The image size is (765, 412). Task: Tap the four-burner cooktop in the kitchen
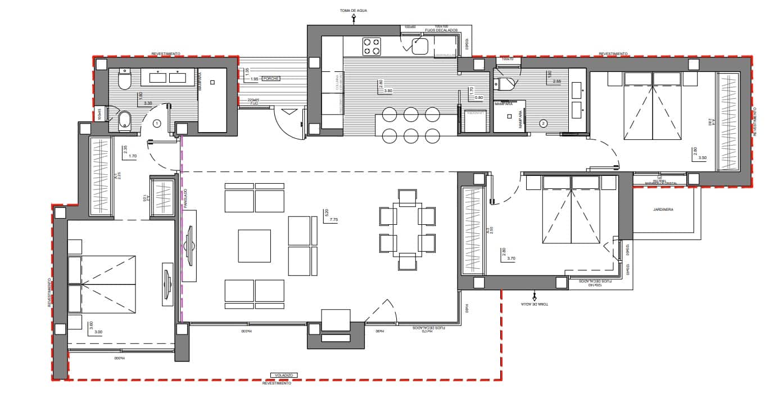click(x=371, y=46)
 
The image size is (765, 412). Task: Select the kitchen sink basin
click(x=420, y=46)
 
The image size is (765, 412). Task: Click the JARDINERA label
click(x=663, y=209)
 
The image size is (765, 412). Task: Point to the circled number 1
click(x=157, y=123)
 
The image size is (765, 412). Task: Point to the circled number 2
click(x=544, y=123)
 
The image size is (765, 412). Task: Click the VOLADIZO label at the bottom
click(x=283, y=375)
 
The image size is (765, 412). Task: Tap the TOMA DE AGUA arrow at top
click(x=354, y=18)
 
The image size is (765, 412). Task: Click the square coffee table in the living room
click(x=254, y=246)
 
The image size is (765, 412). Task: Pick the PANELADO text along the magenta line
click(x=184, y=199)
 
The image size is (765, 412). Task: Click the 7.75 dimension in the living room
click(x=334, y=219)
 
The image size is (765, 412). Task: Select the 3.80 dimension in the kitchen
click(x=388, y=90)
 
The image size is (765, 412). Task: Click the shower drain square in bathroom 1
click(x=212, y=83)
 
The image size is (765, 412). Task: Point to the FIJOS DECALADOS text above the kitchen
click(x=441, y=30)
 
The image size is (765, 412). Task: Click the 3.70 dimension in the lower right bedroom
click(x=511, y=258)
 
